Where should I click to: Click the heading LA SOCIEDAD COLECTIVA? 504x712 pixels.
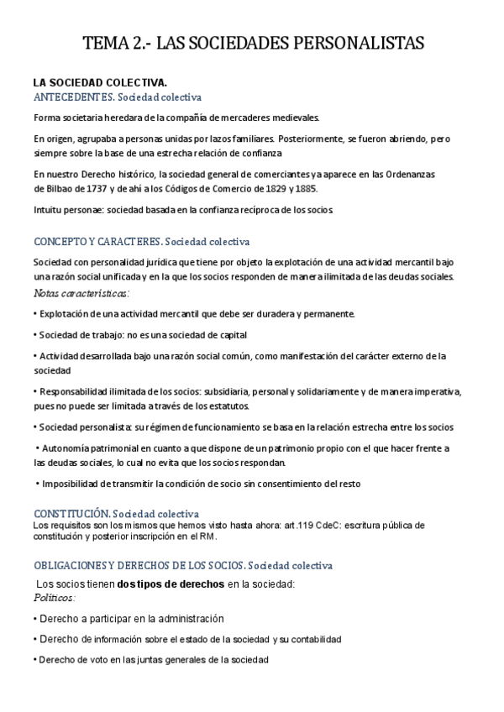100,82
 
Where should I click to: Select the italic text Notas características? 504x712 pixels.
81,293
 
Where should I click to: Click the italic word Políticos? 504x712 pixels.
55,597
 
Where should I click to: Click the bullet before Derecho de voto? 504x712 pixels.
35,660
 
